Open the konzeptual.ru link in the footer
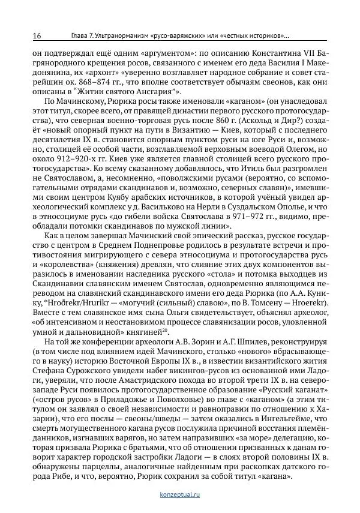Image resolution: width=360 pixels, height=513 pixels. click(180, 494)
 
